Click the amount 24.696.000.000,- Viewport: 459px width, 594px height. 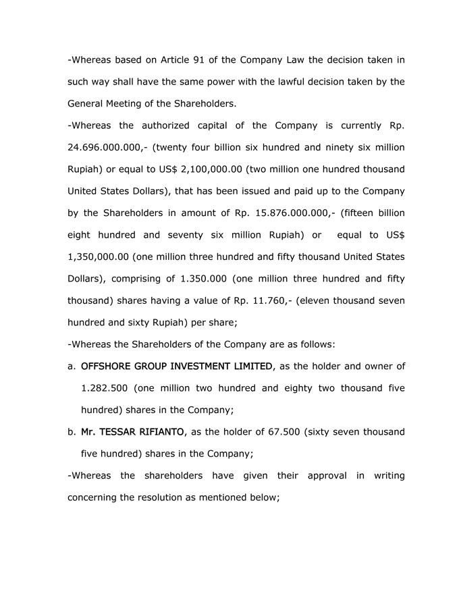[x=103, y=147]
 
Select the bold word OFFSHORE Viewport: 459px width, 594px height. [x=106, y=366]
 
